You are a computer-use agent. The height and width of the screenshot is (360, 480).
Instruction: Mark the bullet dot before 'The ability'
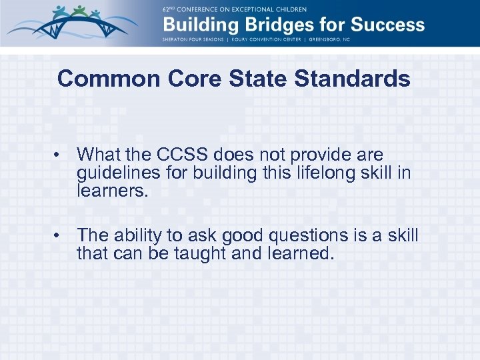pos(59,236)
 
